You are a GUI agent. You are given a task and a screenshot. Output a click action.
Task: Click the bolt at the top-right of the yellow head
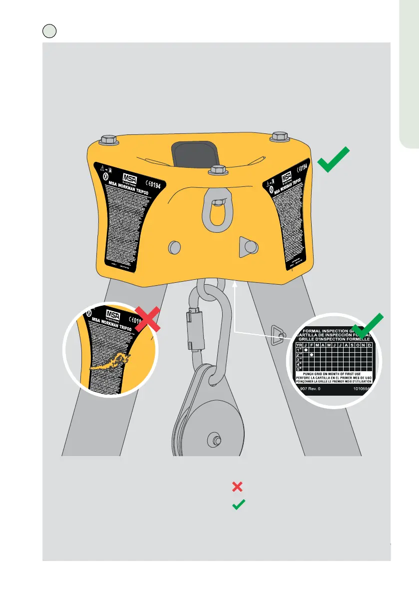click(280, 136)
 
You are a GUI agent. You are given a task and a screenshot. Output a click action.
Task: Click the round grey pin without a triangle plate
click(174, 247)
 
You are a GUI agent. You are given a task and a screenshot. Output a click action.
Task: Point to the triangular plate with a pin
click(246, 246)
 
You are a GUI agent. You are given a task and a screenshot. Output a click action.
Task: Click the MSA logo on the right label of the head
click(287, 177)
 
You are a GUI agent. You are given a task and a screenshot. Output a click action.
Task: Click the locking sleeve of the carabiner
click(189, 329)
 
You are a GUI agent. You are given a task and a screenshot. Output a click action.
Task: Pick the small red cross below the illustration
click(238, 486)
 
